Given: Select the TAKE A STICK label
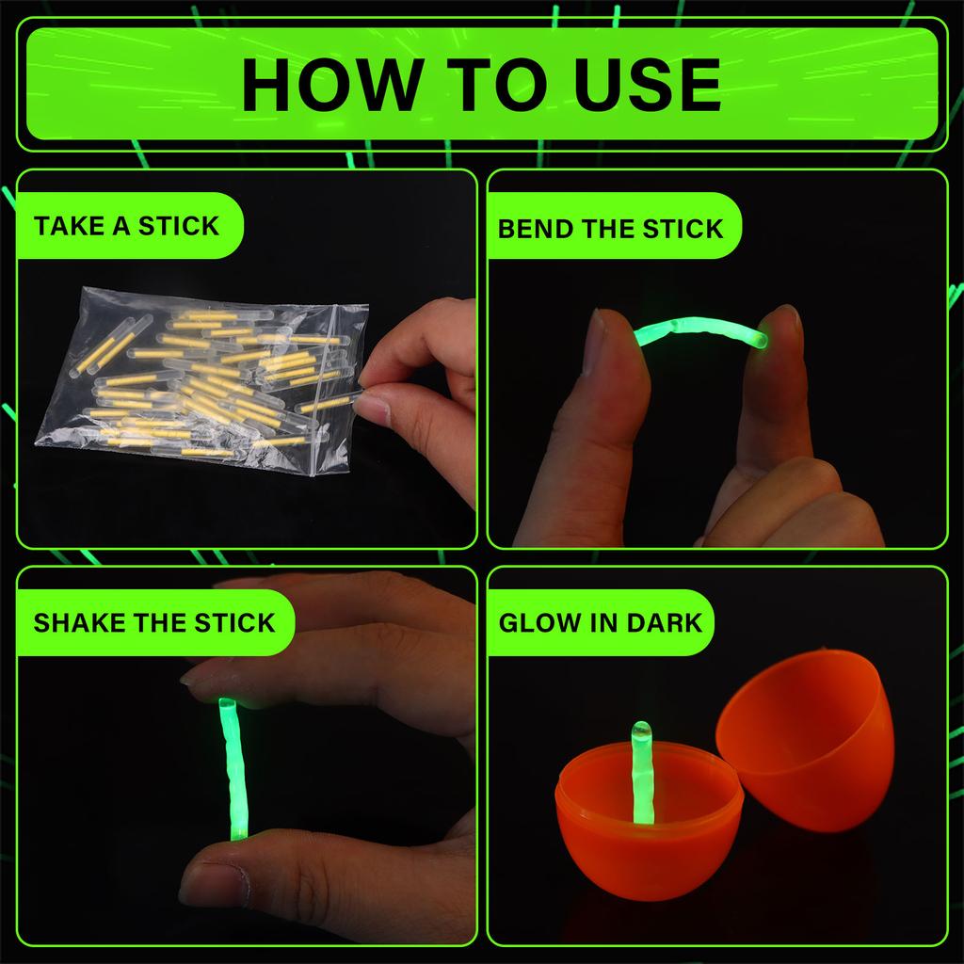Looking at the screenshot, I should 126,226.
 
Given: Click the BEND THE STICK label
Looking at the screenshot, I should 610,229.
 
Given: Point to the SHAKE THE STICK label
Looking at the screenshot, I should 153,622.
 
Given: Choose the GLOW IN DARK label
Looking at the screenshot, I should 601,622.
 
